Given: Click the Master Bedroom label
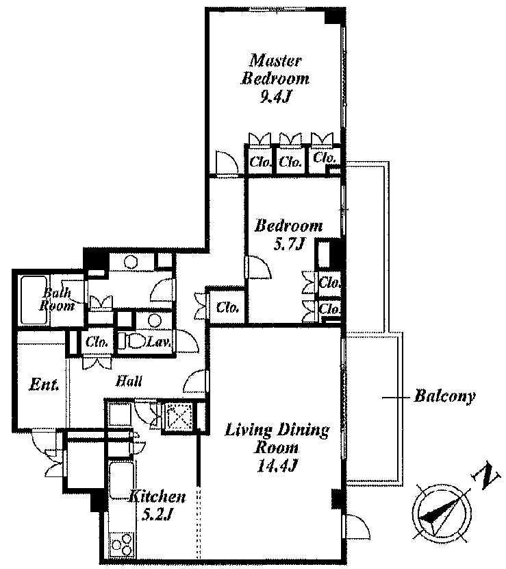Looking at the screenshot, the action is (x=275, y=69).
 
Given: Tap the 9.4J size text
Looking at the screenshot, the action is (x=276, y=97).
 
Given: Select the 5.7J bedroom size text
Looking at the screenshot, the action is (x=288, y=245).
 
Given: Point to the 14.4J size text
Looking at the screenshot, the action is (x=277, y=465).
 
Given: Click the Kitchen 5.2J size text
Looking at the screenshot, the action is (x=157, y=515).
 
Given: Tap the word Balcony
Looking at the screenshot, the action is (x=444, y=396).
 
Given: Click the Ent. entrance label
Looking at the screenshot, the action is (x=44, y=385).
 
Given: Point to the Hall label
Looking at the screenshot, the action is (x=129, y=381).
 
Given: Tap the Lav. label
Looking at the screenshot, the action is (x=159, y=342).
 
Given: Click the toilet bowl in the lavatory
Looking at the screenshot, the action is (x=133, y=341).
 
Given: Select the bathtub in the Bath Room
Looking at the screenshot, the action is (x=34, y=300).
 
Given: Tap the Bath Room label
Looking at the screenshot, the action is (x=56, y=300).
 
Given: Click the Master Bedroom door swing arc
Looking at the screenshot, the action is (x=227, y=162).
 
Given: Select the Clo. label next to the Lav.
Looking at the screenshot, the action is (x=97, y=342).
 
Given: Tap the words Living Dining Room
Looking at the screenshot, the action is (x=277, y=438).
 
